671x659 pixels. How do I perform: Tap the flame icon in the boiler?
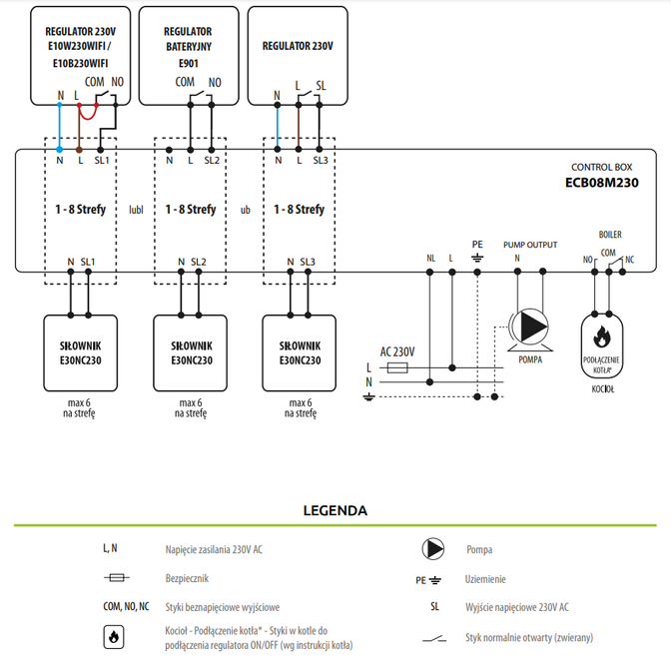pos(601,334)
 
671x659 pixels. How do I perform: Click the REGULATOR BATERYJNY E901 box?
pos(189,54)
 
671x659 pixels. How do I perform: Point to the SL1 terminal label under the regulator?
pos(101,159)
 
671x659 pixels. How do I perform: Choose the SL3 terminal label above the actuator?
pos(307,262)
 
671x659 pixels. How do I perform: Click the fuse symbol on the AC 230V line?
pos(395,367)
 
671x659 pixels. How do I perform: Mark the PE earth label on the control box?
pos(476,244)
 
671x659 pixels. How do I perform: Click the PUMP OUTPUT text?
pos(529,244)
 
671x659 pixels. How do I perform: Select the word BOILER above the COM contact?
pos(610,234)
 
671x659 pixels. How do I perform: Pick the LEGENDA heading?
pos(335,510)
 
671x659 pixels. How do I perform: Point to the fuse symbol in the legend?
pos(116,577)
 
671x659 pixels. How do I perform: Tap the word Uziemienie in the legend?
pos(485,578)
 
